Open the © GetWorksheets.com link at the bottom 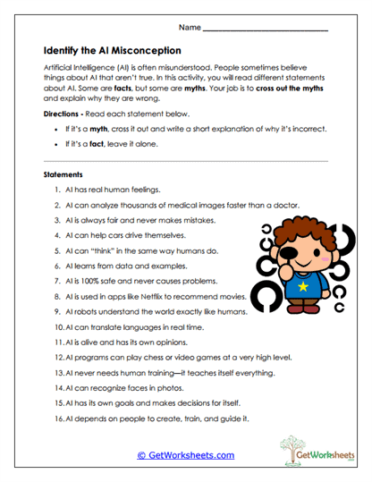coord(185,454)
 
